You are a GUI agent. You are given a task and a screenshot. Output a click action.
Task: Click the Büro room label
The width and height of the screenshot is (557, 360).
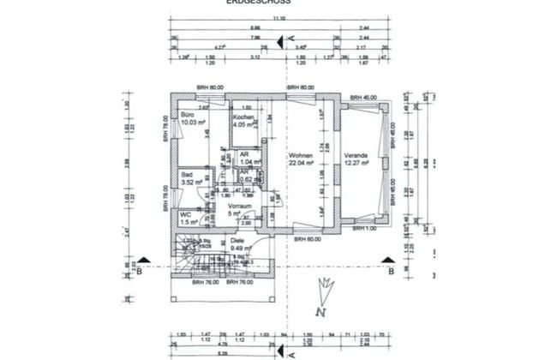[x=188, y=114]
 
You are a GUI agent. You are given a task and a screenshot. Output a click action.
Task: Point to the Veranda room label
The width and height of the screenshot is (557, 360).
[x=356, y=155]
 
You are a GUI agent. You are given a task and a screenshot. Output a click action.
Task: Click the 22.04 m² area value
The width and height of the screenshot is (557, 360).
[x=300, y=163]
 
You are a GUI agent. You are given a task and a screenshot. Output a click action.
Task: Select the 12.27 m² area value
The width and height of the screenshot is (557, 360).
[x=356, y=163]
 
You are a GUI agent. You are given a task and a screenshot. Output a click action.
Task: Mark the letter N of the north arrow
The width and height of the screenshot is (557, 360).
[x=318, y=312]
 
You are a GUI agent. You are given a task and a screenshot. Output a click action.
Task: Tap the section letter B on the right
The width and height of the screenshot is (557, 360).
[x=390, y=272]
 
